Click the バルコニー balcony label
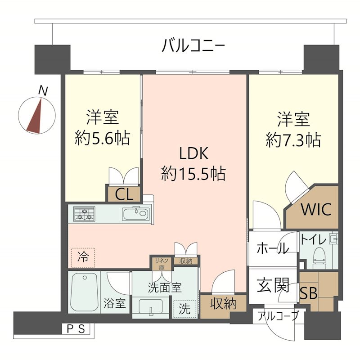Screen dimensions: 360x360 193,45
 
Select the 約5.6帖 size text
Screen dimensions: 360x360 103,138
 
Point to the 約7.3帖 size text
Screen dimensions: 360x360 293,140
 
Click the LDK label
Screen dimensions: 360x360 194,153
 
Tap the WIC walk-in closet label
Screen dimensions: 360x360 316,209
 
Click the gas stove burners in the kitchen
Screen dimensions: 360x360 84,214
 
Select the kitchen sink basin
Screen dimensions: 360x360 136,214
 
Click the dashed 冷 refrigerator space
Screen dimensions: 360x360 83,257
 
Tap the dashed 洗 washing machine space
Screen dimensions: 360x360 184,309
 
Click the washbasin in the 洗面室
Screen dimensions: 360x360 151,307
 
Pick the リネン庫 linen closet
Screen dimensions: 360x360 162,263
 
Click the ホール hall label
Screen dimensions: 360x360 273,248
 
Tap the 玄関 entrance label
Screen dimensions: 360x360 273,285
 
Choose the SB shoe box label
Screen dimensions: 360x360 309,293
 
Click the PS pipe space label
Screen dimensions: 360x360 76,329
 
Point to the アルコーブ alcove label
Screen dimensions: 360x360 278,316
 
